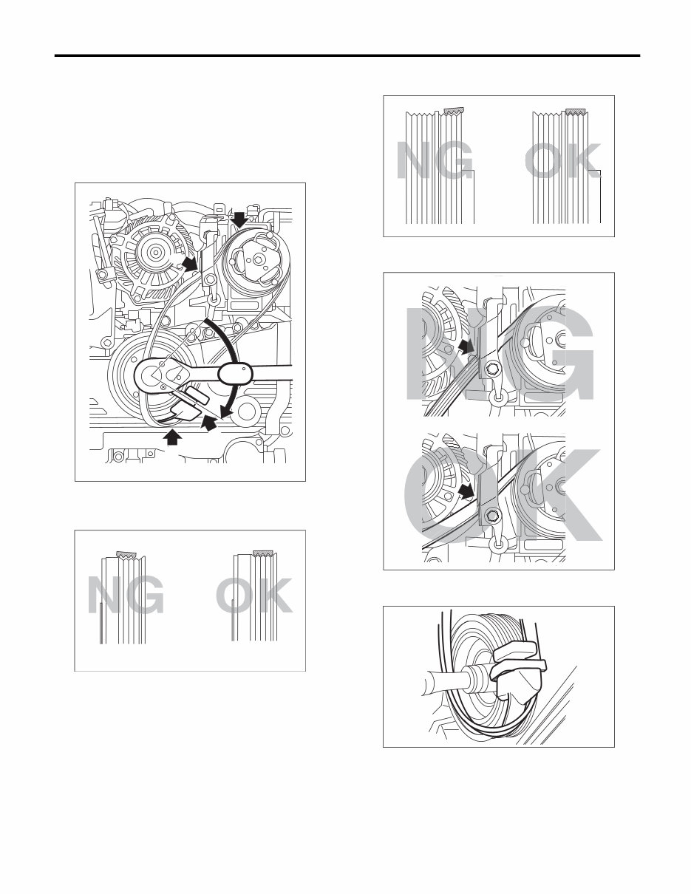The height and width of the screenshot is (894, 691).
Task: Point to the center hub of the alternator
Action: pos(156,252)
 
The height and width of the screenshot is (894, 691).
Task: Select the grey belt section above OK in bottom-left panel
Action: pos(263,553)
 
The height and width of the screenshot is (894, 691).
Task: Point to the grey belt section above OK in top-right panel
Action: pos(576,111)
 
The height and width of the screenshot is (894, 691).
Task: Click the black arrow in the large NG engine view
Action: pos(465,345)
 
